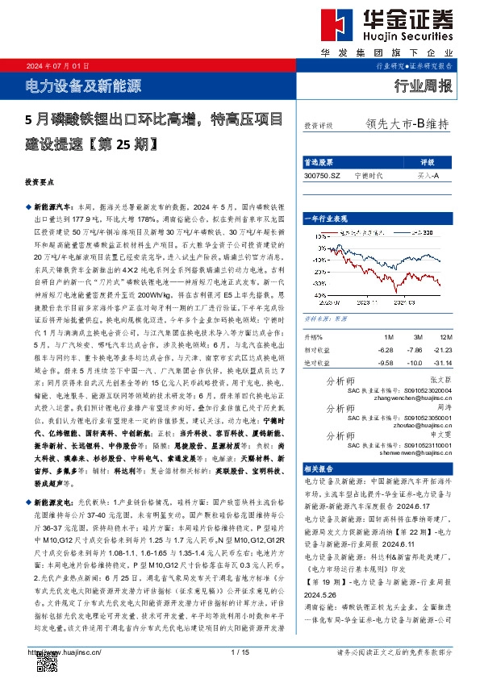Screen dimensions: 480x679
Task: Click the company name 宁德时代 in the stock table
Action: [x=369, y=175]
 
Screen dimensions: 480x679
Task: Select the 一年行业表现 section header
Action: [x=324, y=219]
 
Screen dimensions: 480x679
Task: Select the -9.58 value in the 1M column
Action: [x=386, y=364]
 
